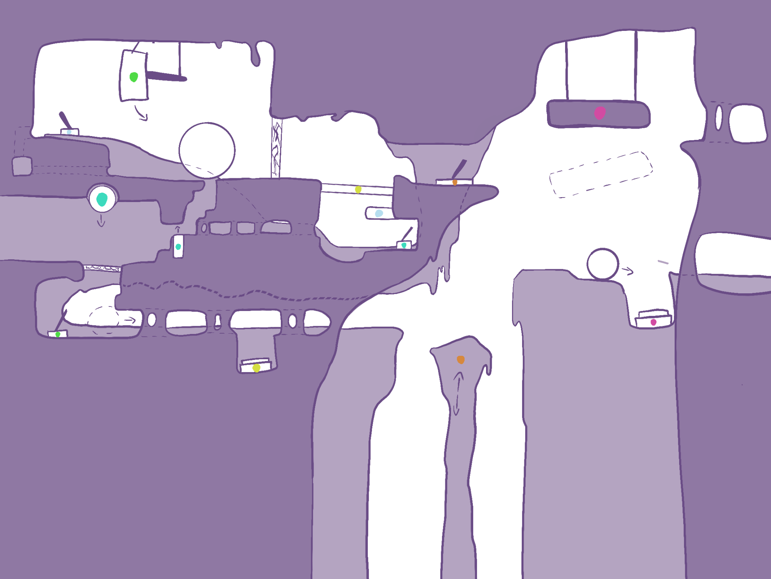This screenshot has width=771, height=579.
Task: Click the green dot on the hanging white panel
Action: (134, 77)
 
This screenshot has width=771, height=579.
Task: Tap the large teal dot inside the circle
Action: (102, 199)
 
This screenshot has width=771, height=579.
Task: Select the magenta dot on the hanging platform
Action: (600, 113)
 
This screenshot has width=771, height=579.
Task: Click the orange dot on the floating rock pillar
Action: (460, 360)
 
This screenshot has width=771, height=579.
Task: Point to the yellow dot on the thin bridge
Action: (358, 189)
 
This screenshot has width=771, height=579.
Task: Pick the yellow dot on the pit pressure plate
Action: (256, 368)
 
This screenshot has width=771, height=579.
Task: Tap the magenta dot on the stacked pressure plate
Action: (654, 322)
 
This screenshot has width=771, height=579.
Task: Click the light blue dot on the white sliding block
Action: (379, 213)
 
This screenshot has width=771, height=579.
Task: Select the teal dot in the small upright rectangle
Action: (178, 247)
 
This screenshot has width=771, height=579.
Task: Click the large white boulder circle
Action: (207, 150)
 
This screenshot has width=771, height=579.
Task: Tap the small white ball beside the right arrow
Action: (602, 264)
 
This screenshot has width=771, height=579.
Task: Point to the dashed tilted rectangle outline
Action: (601, 174)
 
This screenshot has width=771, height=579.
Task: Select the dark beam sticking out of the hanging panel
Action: (166, 76)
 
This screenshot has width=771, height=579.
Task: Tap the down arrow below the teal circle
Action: (101, 221)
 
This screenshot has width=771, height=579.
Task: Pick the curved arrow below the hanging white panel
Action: (141, 113)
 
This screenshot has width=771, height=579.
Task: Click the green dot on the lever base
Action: (58, 334)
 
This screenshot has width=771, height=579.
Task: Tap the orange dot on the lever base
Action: (455, 182)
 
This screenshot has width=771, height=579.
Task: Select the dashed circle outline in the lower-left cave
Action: (104, 320)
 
